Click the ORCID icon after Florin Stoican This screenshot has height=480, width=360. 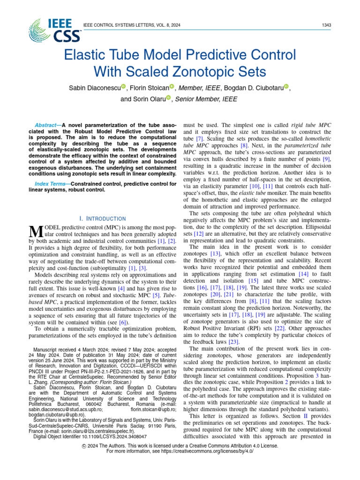(172, 86)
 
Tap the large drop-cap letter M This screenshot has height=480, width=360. (36, 231)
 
